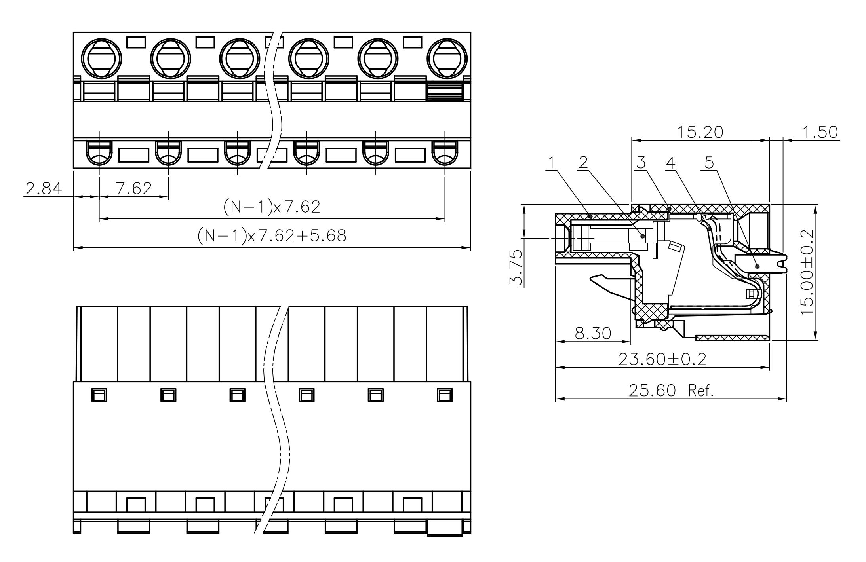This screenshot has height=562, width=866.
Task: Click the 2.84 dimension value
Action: point(44,189)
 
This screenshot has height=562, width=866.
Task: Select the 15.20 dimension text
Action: point(700,132)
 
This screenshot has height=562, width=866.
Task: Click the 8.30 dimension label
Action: point(593,334)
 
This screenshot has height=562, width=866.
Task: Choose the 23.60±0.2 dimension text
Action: point(662,359)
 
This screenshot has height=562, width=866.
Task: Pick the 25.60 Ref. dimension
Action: point(671,391)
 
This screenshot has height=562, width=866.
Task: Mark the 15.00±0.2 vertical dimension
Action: point(807,272)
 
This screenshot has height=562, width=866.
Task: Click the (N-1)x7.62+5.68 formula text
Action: point(272,236)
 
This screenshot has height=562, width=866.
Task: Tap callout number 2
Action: point(583,163)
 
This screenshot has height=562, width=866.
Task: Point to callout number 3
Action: point(641,163)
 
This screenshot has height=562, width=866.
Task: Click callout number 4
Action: point(670,163)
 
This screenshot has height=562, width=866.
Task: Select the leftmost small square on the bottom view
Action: point(99,395)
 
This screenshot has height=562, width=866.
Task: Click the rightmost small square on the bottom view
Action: point(445,395)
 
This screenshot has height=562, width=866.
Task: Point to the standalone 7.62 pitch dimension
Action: point(134,189)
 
